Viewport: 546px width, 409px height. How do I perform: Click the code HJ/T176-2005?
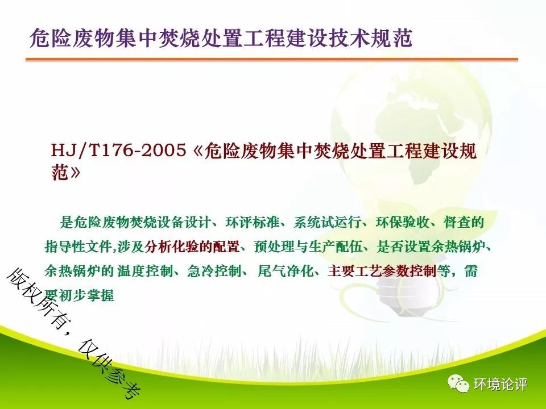[x=118, y=151]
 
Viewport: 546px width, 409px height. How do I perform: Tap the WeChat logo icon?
[x=458, y=383]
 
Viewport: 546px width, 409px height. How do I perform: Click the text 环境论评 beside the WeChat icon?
[x=500, y=384]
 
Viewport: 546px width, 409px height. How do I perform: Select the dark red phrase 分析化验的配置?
[x=192, y=247]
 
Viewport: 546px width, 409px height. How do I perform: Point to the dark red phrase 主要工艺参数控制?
[x=382, y=271]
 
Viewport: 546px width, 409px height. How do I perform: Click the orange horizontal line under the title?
[x=272, y=60]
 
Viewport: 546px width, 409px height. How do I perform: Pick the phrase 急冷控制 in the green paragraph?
[x=214, y=271]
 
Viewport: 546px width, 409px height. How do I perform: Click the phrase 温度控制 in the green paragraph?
[x=145, y=271]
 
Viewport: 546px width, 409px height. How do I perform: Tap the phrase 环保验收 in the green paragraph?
[x=402, y=222]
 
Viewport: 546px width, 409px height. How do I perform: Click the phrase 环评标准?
[x=253, y=222]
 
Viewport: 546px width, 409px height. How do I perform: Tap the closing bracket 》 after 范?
[x=75, y=172]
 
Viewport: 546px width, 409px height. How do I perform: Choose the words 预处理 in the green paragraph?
[x=274, y=247]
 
